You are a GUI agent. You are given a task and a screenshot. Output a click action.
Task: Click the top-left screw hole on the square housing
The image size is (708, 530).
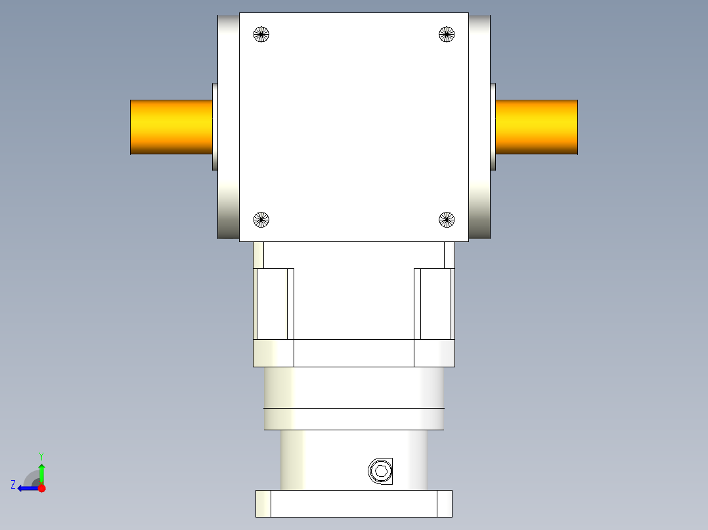coord(261,34)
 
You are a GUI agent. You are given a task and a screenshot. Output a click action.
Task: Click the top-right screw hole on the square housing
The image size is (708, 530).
coord(447,34)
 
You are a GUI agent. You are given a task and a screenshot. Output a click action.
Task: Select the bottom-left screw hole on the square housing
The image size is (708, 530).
coord(261,220)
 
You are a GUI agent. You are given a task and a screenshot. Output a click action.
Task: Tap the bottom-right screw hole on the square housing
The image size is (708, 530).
coord(447,220)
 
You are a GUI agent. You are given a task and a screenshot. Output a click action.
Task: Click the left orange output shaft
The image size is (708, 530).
coord(171,127)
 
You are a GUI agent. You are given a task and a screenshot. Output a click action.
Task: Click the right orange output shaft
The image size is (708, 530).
coord(537,127)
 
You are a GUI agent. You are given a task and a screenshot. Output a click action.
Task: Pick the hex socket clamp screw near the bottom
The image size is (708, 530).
coord(381,471)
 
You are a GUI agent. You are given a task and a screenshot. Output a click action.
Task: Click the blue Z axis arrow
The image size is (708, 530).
coord(26,488)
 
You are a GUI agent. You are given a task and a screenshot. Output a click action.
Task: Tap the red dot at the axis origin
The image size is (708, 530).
coord(41,488)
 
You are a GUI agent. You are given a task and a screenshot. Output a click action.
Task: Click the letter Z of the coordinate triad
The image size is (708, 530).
coord(13,485)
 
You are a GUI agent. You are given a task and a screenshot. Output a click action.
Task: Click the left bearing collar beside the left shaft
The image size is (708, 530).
coord(215,127)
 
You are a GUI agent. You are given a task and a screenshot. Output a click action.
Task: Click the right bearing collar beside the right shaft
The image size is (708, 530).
coord(493,127)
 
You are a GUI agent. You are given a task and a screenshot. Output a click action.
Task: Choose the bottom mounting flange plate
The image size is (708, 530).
coord(353,504)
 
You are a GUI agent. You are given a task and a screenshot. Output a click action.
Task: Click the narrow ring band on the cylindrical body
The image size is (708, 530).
coord(353,419)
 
